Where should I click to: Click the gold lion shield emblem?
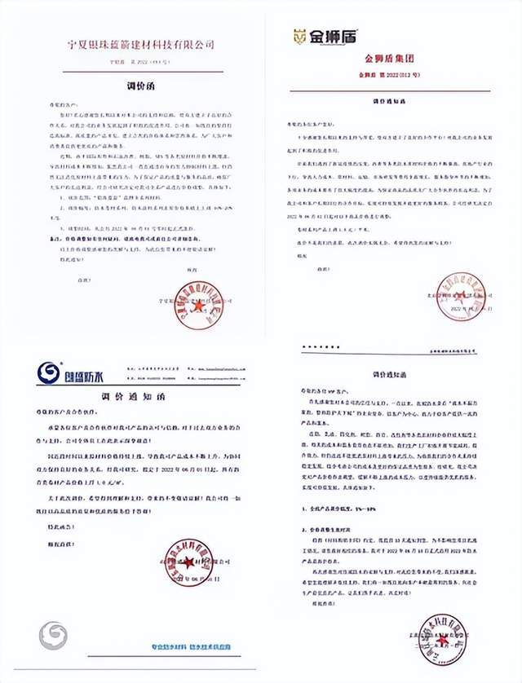coord(299,37)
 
